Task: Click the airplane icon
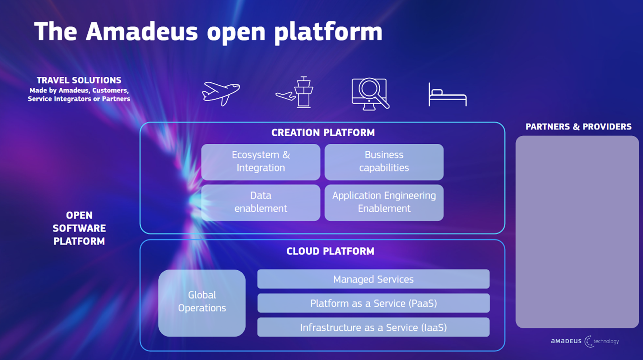tap(221, 93)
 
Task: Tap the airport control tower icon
tap(295, 93)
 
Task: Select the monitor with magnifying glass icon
tap(370, 94)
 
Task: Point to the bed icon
tap(448, 95)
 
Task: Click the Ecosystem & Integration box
tap(260, 162)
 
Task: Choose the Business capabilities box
tap(384, 162)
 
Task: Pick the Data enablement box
tap(260, 202)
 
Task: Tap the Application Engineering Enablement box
tap(384, 202)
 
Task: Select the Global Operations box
tap(202, 302)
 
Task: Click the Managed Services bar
tap(373, 279)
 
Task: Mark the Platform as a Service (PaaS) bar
tap(373, 303)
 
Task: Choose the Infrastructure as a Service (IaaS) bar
tap(373, 327)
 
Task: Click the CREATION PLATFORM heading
tap(323, 132)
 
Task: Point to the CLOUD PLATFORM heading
tap(330, 251)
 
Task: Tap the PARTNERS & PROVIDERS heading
tap(579, 127)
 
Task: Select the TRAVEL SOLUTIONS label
tap(79, 80)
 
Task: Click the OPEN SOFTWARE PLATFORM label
tap(79, 228)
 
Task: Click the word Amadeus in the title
tap(141, 31)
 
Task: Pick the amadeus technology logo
tap(585, 341)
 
